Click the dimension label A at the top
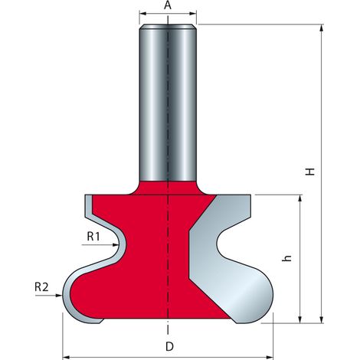[168, 5]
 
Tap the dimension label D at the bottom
[169, 347]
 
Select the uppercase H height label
[310, 172]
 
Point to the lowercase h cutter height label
[287, 258]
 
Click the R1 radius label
[93, 237]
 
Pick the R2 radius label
[41, 287]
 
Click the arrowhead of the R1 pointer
[116, 245]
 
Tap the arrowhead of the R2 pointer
[59, 296]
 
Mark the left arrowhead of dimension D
[66, 356]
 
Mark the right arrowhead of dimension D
[270, 356]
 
